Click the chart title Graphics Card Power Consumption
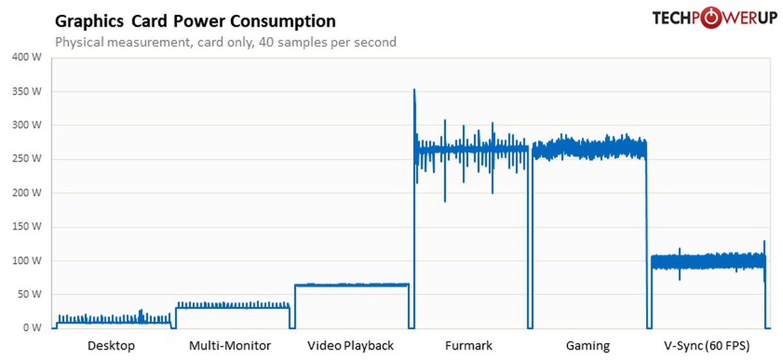pos(195,22)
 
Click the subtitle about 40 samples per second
pos(226,42)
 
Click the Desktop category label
pos(111,346)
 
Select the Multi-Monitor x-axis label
pos(230,346)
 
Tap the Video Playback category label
pos(350,346)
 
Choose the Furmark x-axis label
pos(468,346)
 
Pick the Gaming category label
pos(588,346)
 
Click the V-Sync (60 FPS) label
pos(706,346)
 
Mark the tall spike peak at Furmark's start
pos(414,91)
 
